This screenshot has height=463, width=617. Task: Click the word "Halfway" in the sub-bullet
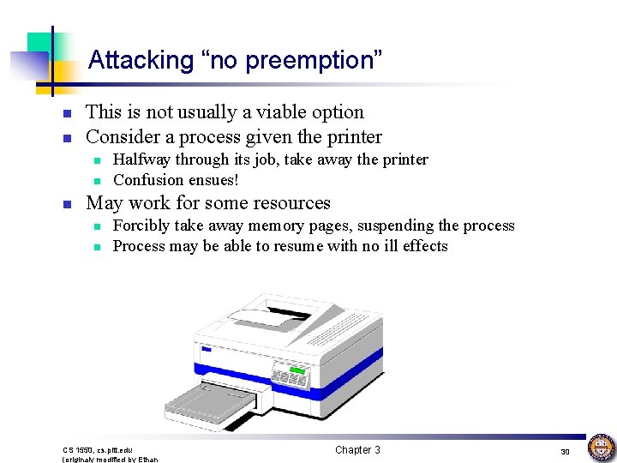pos(141,159)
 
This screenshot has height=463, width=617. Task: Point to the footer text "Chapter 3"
pos(357,450)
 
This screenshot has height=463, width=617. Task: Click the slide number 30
pos(565,451)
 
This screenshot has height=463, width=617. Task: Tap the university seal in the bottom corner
pos(601,448)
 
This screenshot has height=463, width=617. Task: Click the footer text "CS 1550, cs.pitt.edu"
pos(98,450)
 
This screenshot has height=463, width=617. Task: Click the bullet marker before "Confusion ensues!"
pos(99,181)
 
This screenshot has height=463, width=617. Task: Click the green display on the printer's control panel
pos(297,370)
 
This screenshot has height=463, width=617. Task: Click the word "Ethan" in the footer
pos(147,460)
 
